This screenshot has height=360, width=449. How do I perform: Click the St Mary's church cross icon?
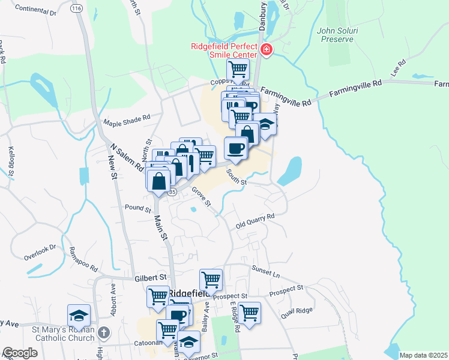104,332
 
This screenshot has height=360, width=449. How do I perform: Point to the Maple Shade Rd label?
126,121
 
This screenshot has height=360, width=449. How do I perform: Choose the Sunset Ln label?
266,268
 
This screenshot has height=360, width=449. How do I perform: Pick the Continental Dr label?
35,10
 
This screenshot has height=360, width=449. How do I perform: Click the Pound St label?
139,208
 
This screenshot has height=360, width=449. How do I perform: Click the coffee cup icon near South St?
236,147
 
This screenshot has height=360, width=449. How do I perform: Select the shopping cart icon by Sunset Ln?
211,278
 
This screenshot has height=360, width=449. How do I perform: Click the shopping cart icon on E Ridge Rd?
249,312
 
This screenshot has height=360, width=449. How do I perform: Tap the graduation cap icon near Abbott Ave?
78,315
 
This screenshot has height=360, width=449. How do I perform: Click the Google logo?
20,353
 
